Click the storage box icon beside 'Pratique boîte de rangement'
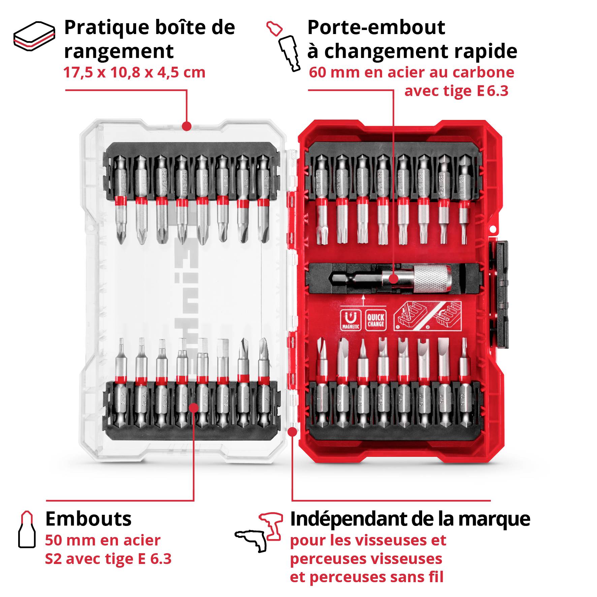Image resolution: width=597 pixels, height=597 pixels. point(34,36)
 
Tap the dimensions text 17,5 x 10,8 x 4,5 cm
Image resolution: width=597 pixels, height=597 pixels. point(134,72)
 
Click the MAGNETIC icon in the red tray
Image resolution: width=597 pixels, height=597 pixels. point(351,320)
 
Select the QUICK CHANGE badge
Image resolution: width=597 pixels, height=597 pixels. point(376,320)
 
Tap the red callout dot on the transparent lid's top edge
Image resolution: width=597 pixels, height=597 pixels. point(187,126)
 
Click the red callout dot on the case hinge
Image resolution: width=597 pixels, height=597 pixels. point(293,432)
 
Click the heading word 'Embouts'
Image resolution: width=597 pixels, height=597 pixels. point(88,519)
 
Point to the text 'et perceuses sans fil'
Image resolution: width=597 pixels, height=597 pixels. point(366,577)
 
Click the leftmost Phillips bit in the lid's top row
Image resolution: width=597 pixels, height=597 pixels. point(120,199)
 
